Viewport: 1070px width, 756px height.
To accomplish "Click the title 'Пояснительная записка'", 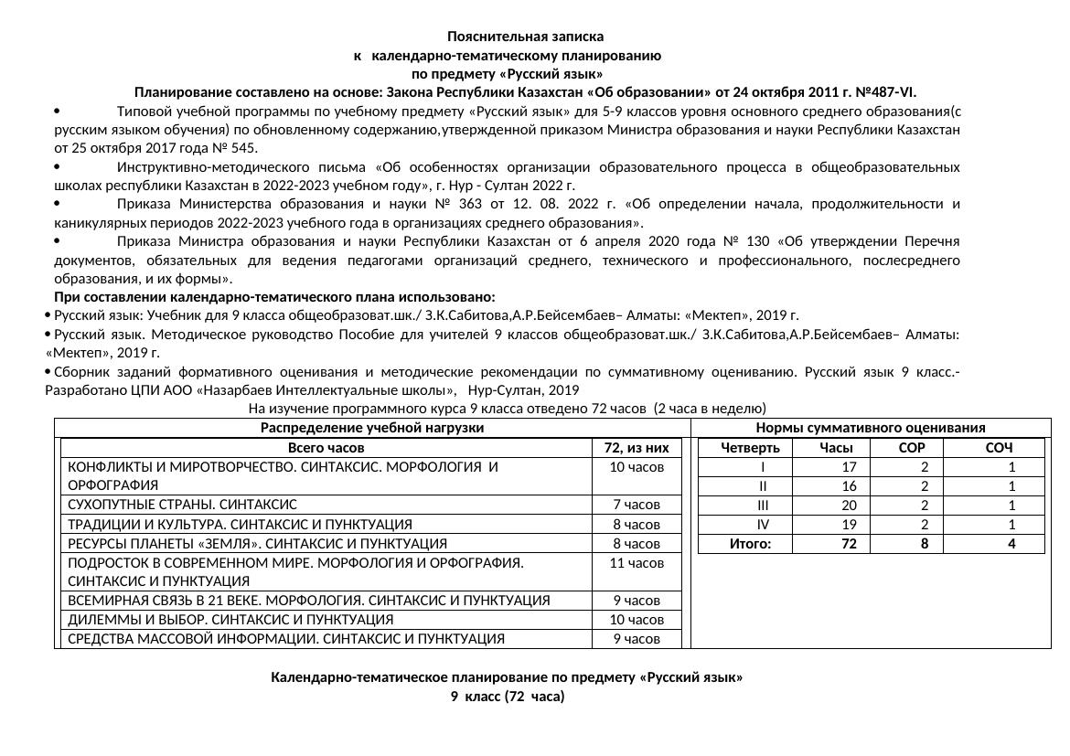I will [525, 37].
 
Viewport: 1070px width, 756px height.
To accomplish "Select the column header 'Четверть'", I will [750, 448].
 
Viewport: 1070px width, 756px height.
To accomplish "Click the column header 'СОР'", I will [913, 448].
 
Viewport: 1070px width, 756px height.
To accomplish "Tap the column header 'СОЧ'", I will [999, 448].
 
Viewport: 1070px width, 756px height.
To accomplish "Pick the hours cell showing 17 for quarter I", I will [849, 467].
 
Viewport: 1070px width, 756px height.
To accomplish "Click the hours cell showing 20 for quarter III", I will [849, 506].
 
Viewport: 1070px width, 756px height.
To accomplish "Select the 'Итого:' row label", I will [750, 544].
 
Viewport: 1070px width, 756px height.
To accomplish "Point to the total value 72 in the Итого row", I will [849, 544].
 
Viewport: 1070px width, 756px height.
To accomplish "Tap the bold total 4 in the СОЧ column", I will [1011, 544].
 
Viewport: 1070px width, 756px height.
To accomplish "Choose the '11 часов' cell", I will [637, 563].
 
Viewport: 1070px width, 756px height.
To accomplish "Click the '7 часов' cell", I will [637, 505].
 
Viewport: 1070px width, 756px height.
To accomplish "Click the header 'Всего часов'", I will [326, 448].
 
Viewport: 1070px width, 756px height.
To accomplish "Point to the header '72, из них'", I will [637, 448].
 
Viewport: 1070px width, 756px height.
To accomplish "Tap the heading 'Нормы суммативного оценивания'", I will [870, 428].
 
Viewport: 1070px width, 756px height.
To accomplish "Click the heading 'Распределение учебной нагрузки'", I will [371, 428].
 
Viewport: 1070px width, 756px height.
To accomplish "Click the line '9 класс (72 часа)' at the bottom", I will [507, 697].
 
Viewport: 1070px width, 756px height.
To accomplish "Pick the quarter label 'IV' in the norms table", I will [763, 525].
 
